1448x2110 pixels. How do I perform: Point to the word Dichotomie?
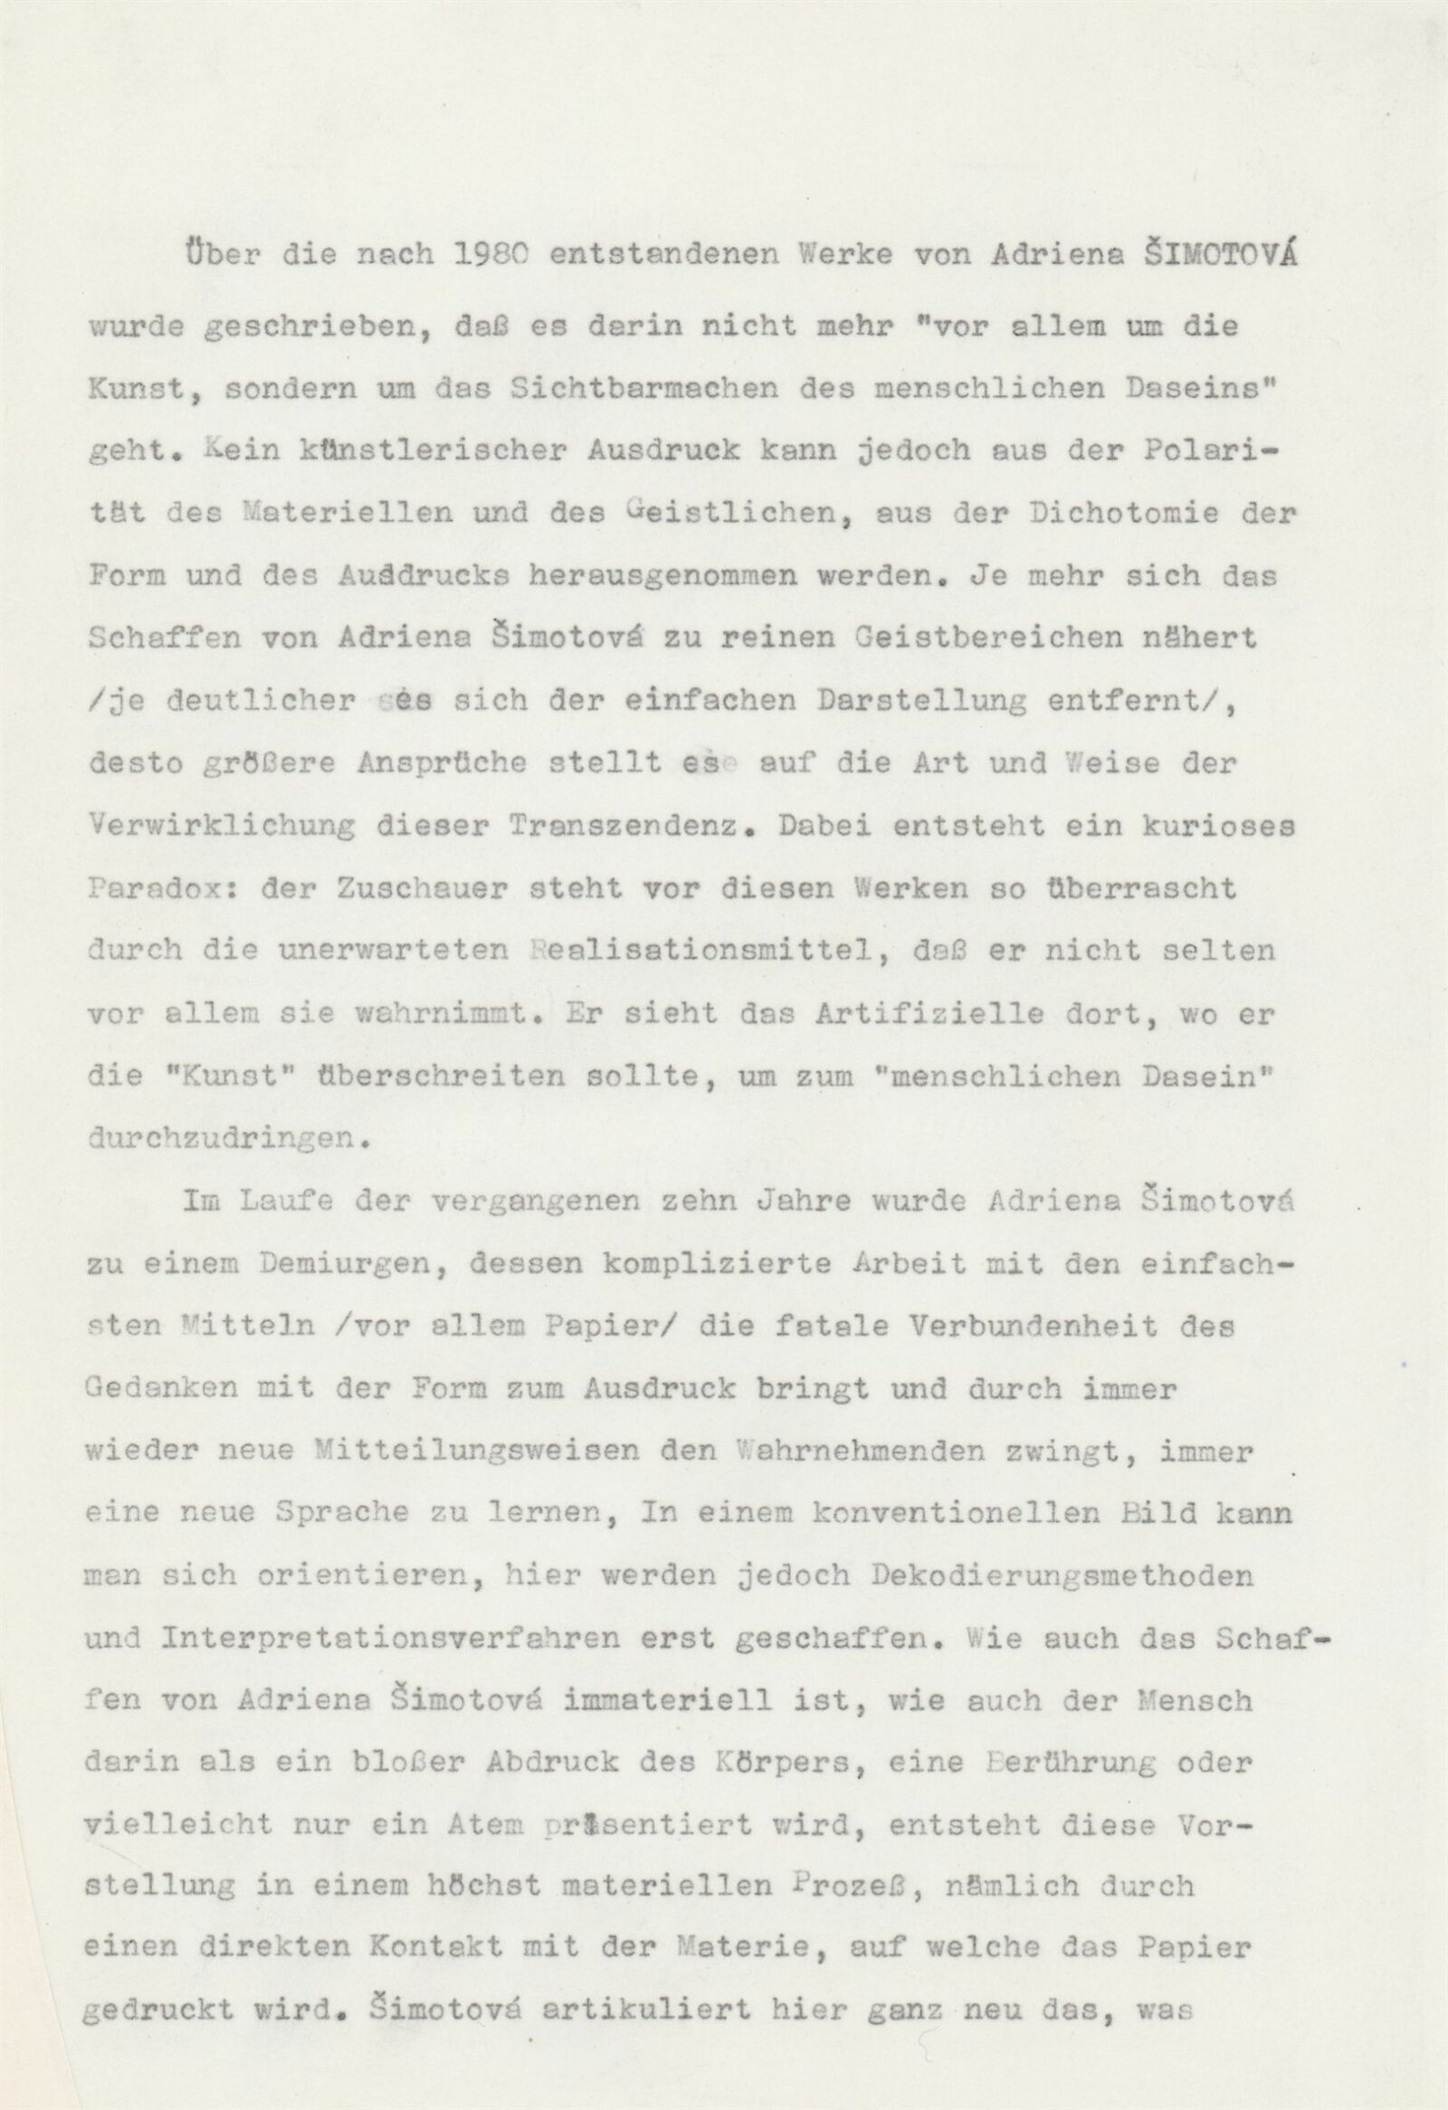(x=1129, y=513)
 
